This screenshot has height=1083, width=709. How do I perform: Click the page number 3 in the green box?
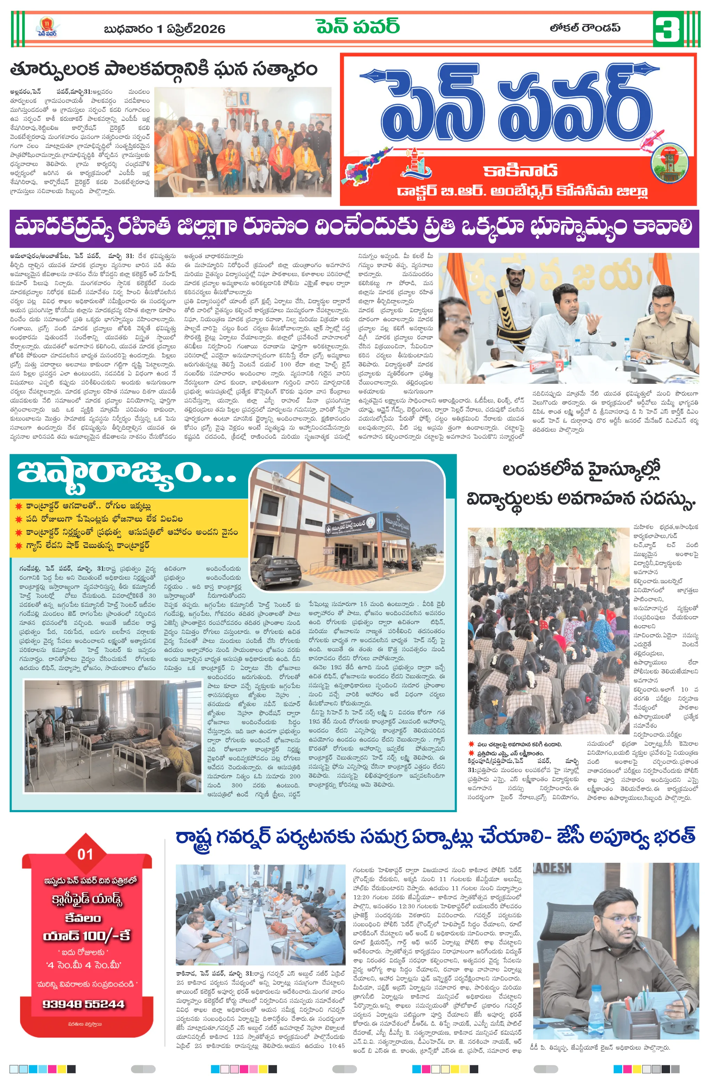(x=668, y=29)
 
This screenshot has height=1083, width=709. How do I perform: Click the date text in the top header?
(x=164, y=30)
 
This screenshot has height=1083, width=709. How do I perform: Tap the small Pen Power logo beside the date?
(x=47, y=27)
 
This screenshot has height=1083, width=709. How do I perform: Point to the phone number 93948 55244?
(x=83, y=1004)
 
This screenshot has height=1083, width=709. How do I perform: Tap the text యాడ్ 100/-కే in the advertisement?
(x=87, y=936)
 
